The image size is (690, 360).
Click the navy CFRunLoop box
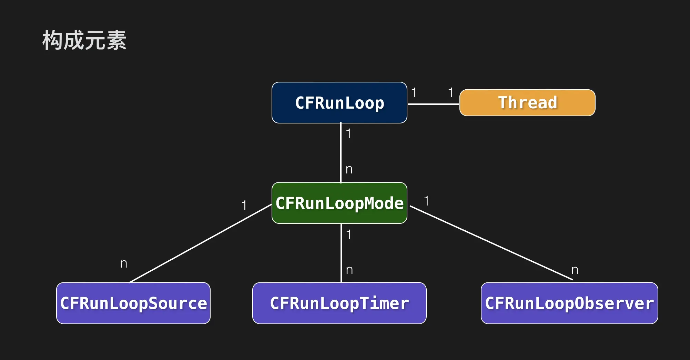click(339, 103)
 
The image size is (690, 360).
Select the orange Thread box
click(527, 103)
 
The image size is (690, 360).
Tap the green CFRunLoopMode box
click(339, 203)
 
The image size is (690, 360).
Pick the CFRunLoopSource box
click(133, 303)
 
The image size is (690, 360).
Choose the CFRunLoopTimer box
click(339, 303)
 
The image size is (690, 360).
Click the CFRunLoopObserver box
click(569, 303)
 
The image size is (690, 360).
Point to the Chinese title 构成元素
click(84, 40)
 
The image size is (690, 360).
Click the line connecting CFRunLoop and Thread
click(433, 104)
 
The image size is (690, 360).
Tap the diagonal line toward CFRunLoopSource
click(200, 243)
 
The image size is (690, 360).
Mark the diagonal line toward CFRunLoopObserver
click(491, 243)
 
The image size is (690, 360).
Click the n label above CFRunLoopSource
click(124, 264)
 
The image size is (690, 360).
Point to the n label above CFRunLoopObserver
click(575, 270)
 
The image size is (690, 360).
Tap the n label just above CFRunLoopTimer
click(349, 270)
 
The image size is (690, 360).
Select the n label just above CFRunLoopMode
click(349, 169)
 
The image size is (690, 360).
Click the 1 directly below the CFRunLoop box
click(348, 134)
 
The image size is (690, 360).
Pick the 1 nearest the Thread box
click(450, 92)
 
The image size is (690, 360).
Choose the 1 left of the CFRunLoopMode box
click(244, 206)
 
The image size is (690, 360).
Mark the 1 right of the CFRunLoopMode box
click(426, 201)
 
